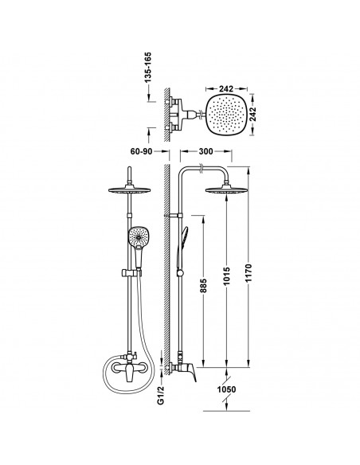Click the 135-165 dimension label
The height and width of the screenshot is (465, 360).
[x=147, y=67]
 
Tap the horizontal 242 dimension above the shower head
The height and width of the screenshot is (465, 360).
[x=226, y=88]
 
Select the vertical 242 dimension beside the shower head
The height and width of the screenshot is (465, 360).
[x=252, y=114]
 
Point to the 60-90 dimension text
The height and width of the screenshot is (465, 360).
[x=141, y=151]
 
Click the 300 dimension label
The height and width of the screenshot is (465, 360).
[x=205, y=151]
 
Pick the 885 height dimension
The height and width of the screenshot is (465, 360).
[x=203, y=286]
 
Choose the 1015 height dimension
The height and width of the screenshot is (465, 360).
[x=226, y=276]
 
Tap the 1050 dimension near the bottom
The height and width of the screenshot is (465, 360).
[x=226, y=389]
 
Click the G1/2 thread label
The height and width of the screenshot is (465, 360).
[x=160, y=395]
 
